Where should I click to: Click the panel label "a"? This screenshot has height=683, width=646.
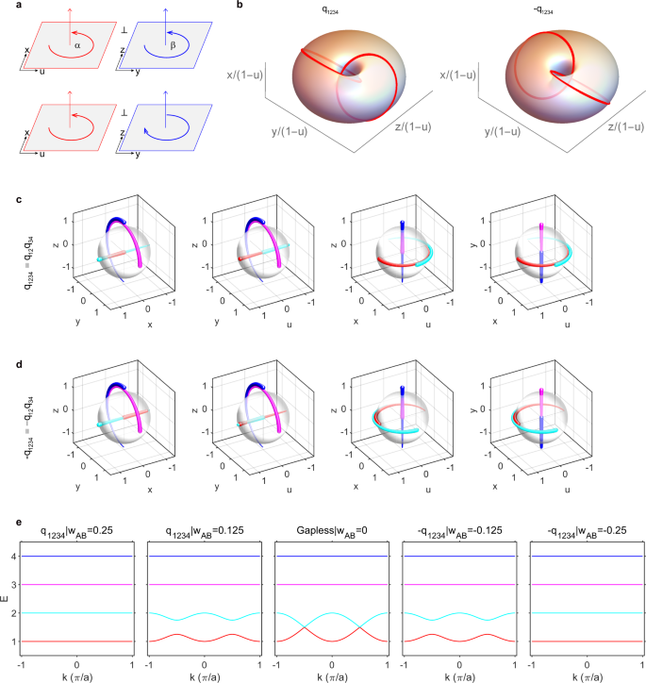[x=7, y=7]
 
